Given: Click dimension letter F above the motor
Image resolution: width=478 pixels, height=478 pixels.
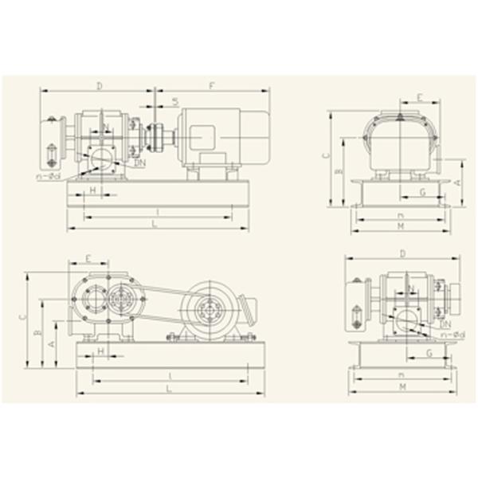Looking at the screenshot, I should point(210,84).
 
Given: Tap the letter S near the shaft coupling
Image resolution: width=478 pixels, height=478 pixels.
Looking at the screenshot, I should point(174,101).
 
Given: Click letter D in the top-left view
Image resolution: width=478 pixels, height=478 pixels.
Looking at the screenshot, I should point(99,84).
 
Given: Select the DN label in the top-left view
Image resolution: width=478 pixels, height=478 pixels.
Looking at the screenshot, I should point(140,163).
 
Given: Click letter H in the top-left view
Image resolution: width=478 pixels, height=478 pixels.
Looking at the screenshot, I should point(93,190).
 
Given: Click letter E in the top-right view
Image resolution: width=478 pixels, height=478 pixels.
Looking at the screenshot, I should point(420,97).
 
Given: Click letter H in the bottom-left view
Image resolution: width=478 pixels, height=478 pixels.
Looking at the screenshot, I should point(100,350).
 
